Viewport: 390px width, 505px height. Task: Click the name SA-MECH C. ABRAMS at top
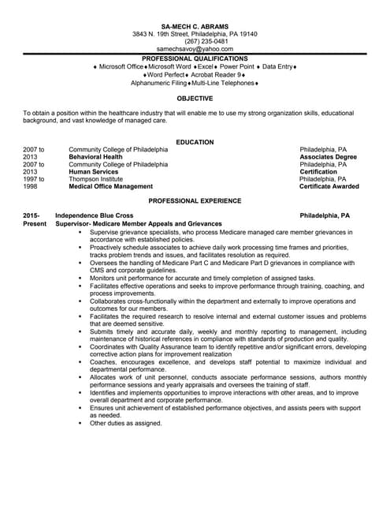[195, 26]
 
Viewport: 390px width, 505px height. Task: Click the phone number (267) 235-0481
[195, 41]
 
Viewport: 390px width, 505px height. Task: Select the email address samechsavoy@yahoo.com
[195, 49]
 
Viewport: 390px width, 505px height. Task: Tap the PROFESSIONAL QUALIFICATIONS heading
[195, 58]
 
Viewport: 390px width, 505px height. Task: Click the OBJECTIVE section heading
[195, 98]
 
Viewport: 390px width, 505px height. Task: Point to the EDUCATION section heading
[195, 142]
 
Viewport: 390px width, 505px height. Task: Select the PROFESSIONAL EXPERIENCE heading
[195, 201]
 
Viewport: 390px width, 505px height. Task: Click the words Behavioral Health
[95, 157]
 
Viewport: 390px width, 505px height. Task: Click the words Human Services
[93, 172]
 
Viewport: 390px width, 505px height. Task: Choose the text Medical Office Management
[110, 187]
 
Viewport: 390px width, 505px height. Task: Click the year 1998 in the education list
[31, 187]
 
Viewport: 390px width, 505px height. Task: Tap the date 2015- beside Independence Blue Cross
[31, 215]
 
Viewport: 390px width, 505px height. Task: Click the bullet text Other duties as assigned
[125, 424]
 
